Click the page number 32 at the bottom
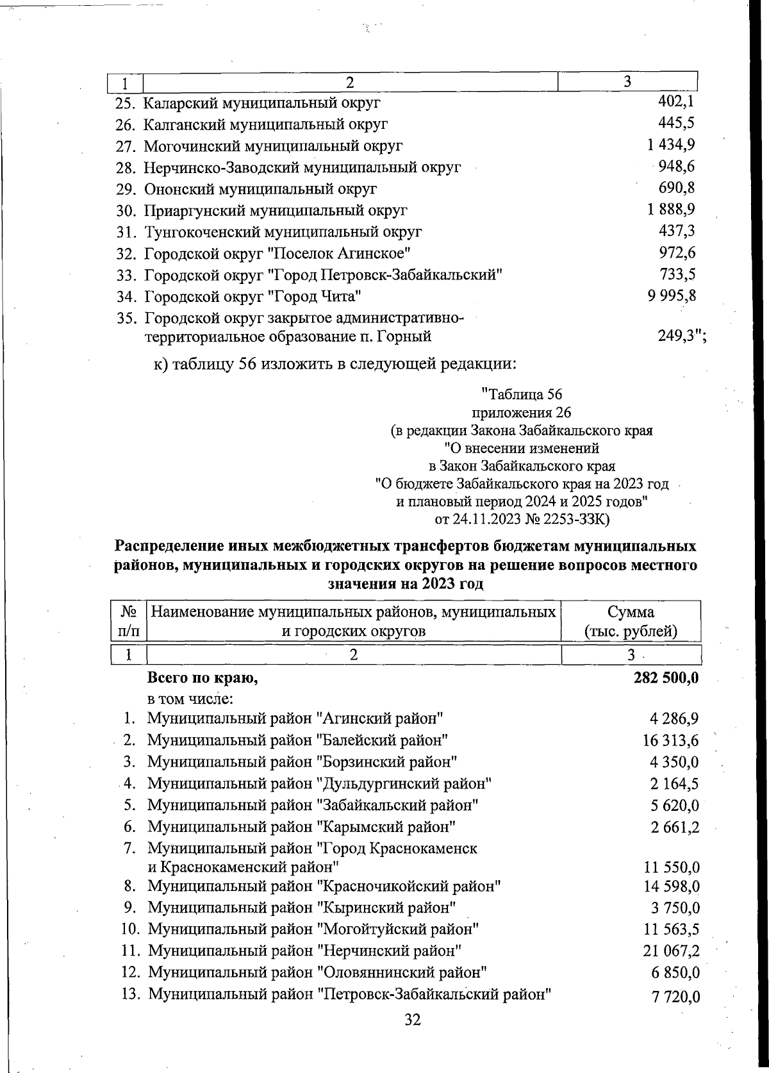(413, 1019)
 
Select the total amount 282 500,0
(666, 678)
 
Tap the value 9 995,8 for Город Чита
(672, 295)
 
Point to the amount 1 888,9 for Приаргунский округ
(672, 210)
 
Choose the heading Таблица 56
(521, 394)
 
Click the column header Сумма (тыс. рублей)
(631, 621)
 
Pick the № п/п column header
(129, 621)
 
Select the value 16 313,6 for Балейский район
(671, 740)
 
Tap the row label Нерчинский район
(305, 951)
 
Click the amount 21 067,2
(671, 951)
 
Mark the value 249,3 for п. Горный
(678, 337)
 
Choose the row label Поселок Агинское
(277, 253)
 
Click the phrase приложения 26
(521, 412)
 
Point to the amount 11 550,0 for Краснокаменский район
(671, 868)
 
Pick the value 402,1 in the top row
(677, 101)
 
